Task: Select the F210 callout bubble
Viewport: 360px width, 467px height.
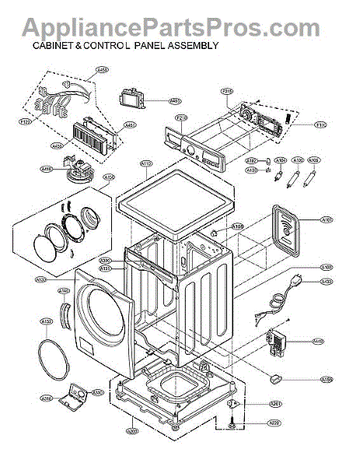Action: [182, 118]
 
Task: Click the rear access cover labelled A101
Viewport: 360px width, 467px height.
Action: [289, 230]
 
